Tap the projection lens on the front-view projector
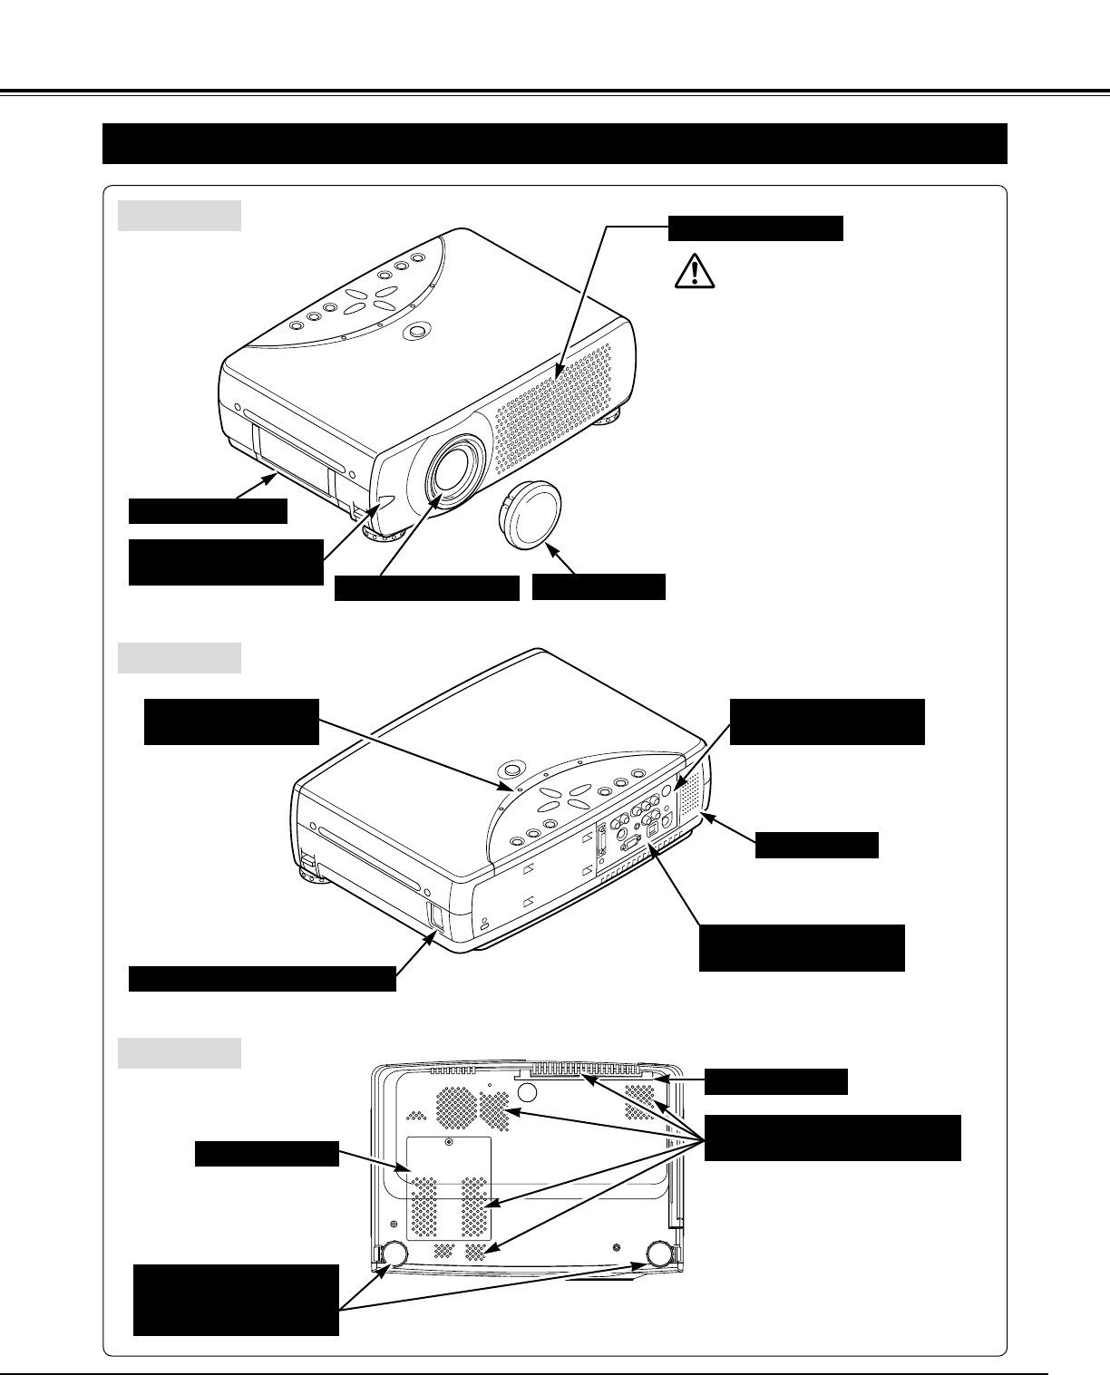454,468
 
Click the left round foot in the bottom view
394,1253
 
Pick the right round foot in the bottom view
660,1253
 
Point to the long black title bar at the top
555,143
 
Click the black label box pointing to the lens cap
599,587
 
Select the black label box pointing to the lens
426,588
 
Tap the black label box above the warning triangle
755,228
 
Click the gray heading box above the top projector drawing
180,216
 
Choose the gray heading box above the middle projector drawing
180,658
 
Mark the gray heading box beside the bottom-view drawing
180,1053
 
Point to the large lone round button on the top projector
416,333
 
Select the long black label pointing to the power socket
262,979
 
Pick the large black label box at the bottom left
236,1300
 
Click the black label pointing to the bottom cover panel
267,1155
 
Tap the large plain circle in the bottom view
524,1091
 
